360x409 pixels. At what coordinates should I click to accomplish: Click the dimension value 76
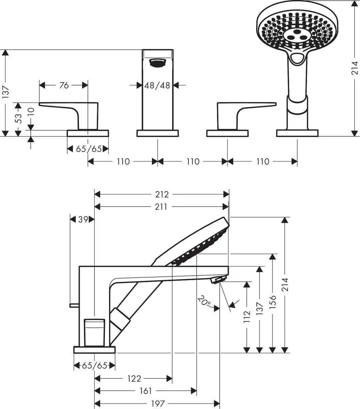coord(64,85)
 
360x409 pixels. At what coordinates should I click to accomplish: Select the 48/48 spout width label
coord(157,85)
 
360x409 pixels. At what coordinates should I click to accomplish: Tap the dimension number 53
coord(19,118)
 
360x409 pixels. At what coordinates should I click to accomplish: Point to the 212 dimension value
coord(162,194)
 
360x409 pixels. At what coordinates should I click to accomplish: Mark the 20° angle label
coord(204,302)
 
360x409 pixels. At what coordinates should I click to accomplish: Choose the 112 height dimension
coord(247,317)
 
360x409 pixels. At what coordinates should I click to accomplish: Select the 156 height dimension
coord(273,302)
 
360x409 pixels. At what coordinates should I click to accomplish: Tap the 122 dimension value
coord(134,378)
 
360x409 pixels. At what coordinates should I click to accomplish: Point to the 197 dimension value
coord(157,404)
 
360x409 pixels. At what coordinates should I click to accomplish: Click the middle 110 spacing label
coord(193,161)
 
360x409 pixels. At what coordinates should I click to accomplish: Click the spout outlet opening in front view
coord(157,62)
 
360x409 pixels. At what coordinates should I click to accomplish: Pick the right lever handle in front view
coord(242,111)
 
